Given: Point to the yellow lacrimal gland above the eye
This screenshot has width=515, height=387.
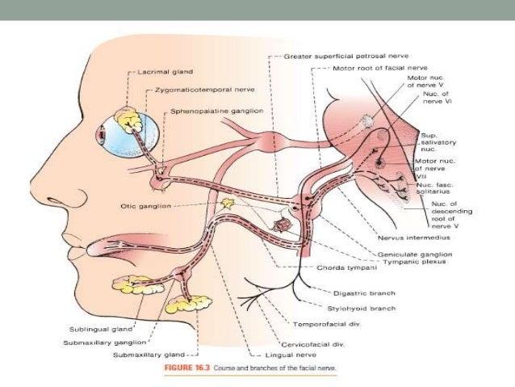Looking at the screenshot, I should click(x=129, y=120).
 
